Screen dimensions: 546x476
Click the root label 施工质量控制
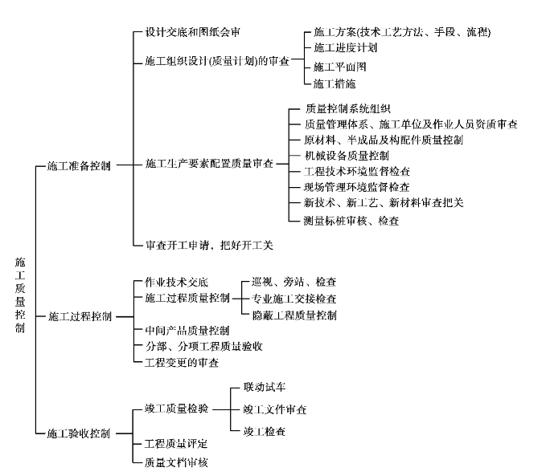point(20,295)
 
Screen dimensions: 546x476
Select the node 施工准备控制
point(79,166)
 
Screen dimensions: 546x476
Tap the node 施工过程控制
point(80,317)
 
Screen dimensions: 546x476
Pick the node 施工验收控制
point(79,433)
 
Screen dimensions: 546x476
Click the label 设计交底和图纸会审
point(192,32)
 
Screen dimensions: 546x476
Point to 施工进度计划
point(346,47)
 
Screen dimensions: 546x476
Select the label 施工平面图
point(340,67)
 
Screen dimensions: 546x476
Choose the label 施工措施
point(335,83)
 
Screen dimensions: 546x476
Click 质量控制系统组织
point(348,109)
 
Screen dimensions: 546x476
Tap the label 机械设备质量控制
point(347,156)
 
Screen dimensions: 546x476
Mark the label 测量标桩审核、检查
point(351,221)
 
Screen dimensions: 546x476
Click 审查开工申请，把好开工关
point(209,245)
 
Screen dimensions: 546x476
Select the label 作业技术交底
point(177,282)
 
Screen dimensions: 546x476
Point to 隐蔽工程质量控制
point(294,315)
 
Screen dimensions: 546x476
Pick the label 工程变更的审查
point(182,363)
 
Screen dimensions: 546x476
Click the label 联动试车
point(265,387)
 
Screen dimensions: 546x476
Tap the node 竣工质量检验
point(177,409)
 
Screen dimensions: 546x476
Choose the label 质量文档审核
point(176,462)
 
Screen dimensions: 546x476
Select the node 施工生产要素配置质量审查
point(209,164)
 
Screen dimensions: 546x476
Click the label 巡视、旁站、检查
point(294,282)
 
